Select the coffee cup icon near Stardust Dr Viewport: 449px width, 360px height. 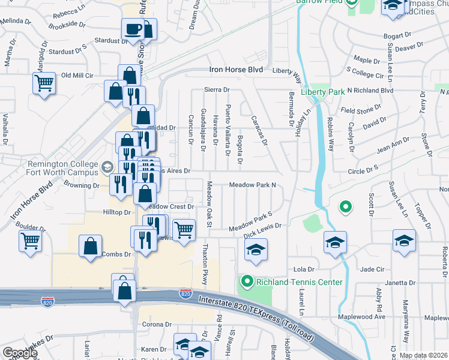[132, 28]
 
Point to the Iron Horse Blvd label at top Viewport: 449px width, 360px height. [236, 70]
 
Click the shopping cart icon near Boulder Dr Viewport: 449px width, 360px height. [29, 241]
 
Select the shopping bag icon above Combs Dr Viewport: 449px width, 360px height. [89, 247]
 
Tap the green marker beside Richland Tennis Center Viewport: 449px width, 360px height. [246, 281]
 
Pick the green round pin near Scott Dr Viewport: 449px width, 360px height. [345, 208]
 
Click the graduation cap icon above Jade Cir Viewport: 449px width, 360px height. [405, 241]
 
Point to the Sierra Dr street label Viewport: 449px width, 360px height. [217, 89]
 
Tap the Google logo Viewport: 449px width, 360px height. [20, 353]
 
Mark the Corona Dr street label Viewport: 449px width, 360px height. [157, 325]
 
